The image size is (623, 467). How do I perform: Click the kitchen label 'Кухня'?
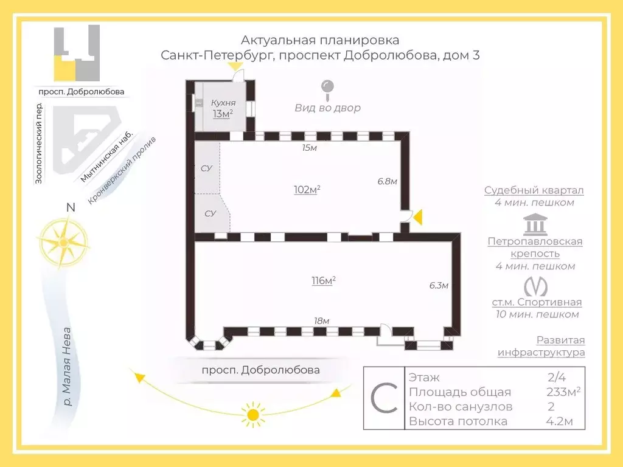222,103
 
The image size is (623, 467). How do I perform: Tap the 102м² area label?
307,190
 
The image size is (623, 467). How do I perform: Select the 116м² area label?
323,281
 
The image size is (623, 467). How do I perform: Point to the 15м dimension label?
311,148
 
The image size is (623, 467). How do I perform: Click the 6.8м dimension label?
387,181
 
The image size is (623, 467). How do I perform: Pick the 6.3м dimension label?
438,286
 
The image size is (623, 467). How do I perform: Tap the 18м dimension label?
321,321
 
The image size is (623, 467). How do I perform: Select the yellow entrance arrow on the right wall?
417,216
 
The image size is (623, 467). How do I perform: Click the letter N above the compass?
71,207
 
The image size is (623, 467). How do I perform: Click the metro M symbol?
535,285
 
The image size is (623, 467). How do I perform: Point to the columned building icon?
535,224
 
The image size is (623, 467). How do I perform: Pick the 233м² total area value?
563,392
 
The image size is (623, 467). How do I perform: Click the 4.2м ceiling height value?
557,421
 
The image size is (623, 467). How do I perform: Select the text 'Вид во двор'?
327,108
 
